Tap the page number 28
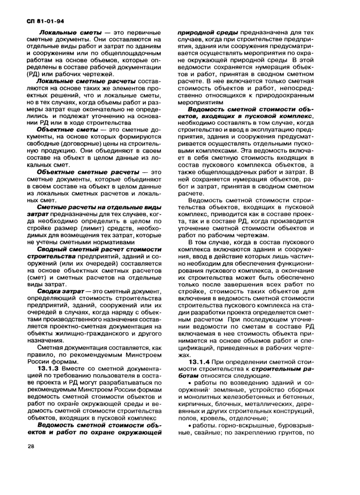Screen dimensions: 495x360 click(x=30, y=446)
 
